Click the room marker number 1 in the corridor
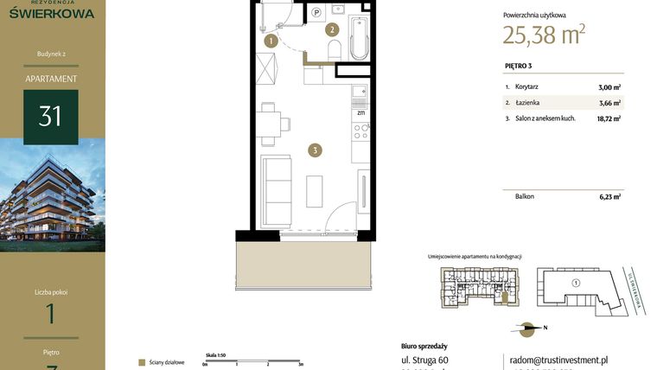click(271, 40)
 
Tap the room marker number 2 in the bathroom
click(331, 29)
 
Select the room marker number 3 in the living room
click(316, 150)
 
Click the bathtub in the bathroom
click(360, 35)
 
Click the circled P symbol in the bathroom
click(316, 12)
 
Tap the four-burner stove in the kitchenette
click(360, 131)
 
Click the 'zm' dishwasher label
click(360, 112)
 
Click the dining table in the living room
click(269, 121)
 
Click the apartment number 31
click(50, 116)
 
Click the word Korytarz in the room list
click(526, 87)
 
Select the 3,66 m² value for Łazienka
click(610, 103)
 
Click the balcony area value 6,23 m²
click(610, 196)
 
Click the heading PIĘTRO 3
click(518, 66)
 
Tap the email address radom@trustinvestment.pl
click(557, 360)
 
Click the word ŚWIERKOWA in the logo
click(53, 14)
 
